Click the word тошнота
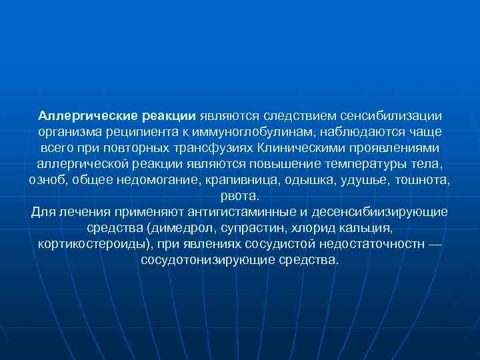click(x=424, y=181)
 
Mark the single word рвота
click(x=239, y=197)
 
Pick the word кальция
click(x=365, y=229)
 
